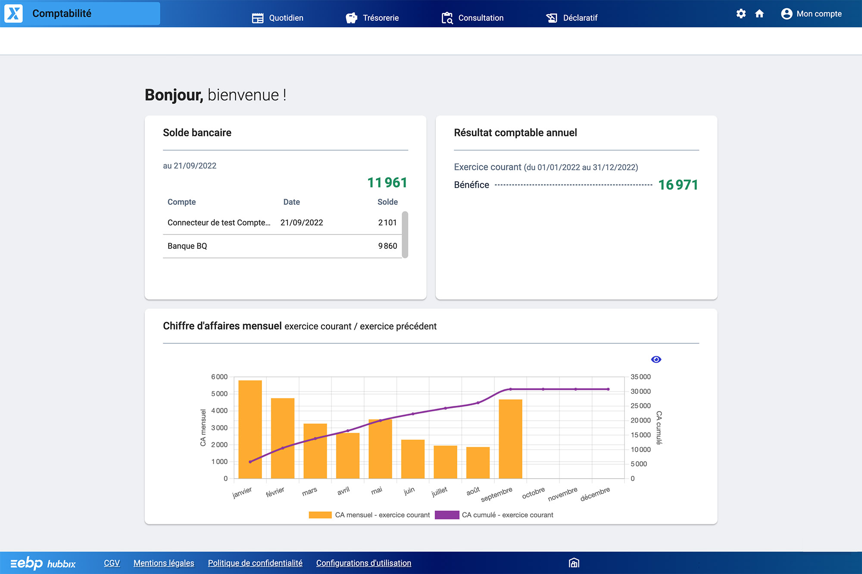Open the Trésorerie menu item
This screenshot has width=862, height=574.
pos(372,18)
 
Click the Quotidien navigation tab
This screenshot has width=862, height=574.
pos(278,18)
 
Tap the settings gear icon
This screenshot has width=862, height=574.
pos(741,14)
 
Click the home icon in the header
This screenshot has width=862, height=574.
pos(759,14)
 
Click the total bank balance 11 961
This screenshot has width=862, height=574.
pos(387,183)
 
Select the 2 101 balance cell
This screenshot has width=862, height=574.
pos(387,223)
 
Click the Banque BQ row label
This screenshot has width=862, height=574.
pos(187,246)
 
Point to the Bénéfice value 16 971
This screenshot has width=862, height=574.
pos(678,185)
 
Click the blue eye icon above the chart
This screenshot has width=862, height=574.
pos(656,359)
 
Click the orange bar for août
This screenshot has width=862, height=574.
pos(478,462)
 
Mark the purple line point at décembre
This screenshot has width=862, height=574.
pos(608,389)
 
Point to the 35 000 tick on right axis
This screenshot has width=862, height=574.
pos(640,377)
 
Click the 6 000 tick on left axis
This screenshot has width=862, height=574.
pos(219,377)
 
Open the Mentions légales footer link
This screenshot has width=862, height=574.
pos(164,563)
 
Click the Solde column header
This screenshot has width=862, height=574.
pos(387,202)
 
